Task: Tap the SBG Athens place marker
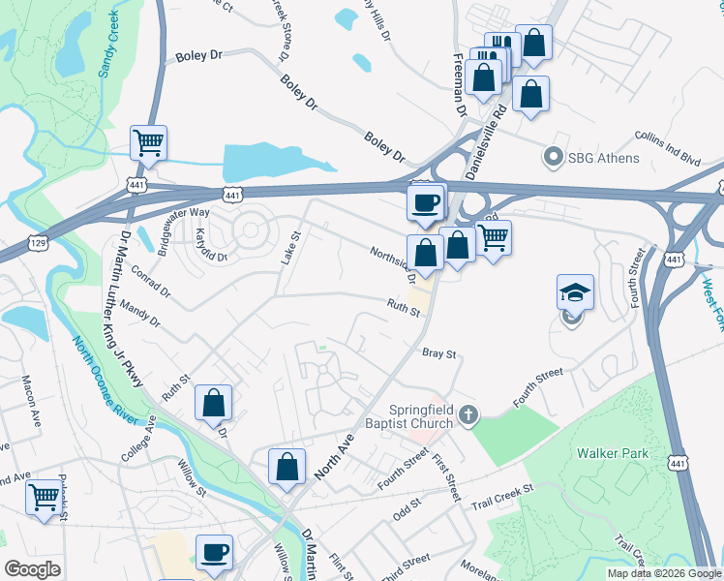tap(554, 156)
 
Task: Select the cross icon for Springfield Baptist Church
tap(468, 415)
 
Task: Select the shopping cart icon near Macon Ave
tap(44, 498)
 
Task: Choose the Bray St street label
tap(438, 354)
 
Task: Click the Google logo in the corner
tap(33, 568)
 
